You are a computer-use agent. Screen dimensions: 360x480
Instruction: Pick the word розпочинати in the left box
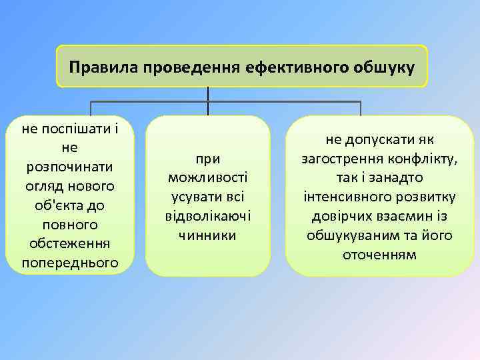pos(69,165)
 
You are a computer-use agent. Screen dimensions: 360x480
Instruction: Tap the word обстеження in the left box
pos(69,243)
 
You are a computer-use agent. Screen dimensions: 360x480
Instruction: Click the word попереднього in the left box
pos(69,263)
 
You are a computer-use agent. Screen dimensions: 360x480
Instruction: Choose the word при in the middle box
pos(208,158)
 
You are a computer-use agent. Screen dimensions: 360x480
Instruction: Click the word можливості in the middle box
pos(208,177)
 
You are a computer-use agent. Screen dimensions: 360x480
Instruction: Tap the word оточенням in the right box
pos(379,255)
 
